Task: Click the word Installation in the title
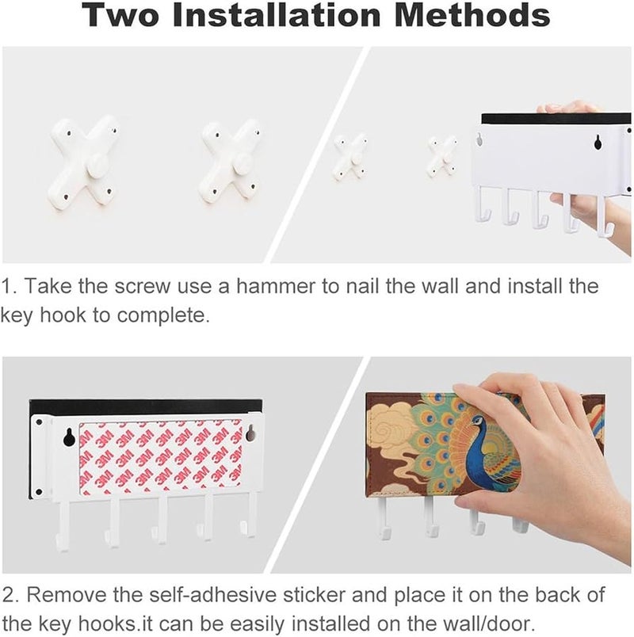point(277,14)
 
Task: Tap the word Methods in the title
point(472,14)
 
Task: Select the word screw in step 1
point(142,286)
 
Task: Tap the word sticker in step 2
point(314,594)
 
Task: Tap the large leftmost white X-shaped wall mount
point(83,162)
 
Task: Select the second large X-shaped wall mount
point(230,162)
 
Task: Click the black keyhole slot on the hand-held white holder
point(598,142)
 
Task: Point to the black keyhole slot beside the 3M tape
point(68,437)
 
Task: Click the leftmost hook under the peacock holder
point(383,518)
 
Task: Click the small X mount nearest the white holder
point(442,156)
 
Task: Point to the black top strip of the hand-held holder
point(556,119)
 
